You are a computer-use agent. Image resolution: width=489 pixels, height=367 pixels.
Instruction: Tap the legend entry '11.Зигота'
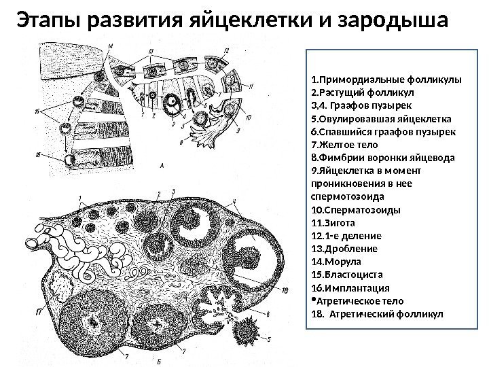point(332,222)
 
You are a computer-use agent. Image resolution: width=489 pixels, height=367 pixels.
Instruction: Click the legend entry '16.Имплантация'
point(346,287)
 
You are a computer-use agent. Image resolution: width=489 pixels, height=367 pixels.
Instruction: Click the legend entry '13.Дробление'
point(340,249)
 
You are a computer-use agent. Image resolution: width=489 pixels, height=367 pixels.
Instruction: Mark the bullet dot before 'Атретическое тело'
point(312,298)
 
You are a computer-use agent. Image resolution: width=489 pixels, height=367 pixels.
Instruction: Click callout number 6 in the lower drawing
point(270,314)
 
